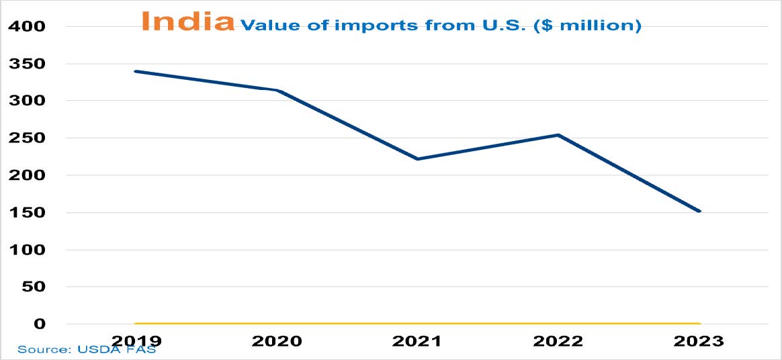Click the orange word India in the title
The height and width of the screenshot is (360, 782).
click(x=187, y=21)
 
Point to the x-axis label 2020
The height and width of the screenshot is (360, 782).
click(x=277, y=341)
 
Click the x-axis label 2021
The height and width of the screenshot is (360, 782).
click(x=417, y=341)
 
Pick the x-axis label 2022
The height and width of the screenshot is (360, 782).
click(x=558, y=341)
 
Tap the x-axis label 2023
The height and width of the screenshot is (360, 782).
click(x=699, y=341)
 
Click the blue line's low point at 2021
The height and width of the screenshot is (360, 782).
click(x=417, y=159)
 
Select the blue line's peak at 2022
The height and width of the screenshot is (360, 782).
click(x=558, y=135)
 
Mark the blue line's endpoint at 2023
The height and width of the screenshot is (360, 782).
click(x=699, y=211)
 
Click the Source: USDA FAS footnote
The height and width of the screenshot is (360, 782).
click(x=86, y=350)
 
